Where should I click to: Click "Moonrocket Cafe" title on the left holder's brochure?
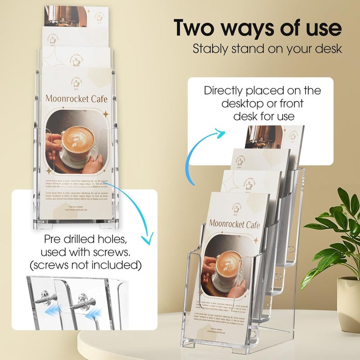pyautogui.click(x=76, y=98)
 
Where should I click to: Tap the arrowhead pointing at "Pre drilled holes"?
pyautogui.click(x=145, y=239)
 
